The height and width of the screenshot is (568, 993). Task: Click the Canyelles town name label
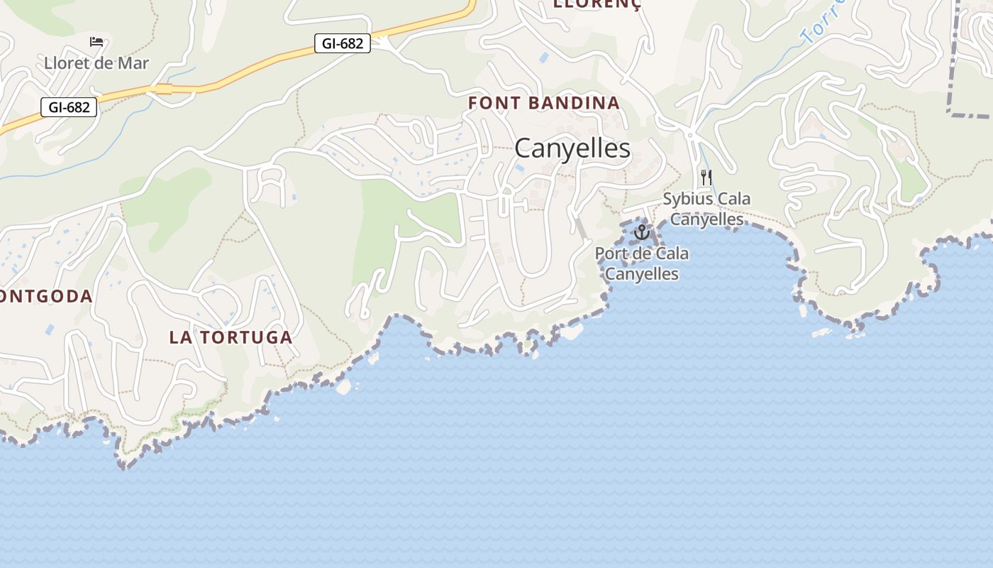[x=572, y=148]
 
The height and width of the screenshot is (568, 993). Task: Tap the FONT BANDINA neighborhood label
[x=544, y=103]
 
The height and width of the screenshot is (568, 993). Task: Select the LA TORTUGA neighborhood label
[x=231, y=337]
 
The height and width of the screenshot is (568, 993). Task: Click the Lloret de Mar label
[x=96, y=63]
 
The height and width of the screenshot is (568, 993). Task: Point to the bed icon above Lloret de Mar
[x=96, y=42]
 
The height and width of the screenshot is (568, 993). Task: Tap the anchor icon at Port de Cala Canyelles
[x=641, y=232]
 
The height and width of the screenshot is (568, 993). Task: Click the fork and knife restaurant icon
[x=706, y=177]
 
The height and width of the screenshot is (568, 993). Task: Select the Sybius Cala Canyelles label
[x=706, y=209]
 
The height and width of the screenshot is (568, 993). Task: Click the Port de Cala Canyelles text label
[x=641, y=263]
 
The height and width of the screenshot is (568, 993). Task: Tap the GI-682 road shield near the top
[x=343, y=43]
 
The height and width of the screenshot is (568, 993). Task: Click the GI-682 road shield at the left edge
[x=69, y=107]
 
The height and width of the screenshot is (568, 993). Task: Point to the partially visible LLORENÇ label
[x=597, y=5]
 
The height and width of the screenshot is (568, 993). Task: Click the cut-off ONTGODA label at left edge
[x=46, y=296]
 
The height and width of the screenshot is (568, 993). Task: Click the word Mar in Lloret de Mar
[x=132, y=63]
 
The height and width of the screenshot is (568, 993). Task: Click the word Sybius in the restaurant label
[x=685, y=199]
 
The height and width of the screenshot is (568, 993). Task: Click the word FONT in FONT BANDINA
[x=492, y=103]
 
